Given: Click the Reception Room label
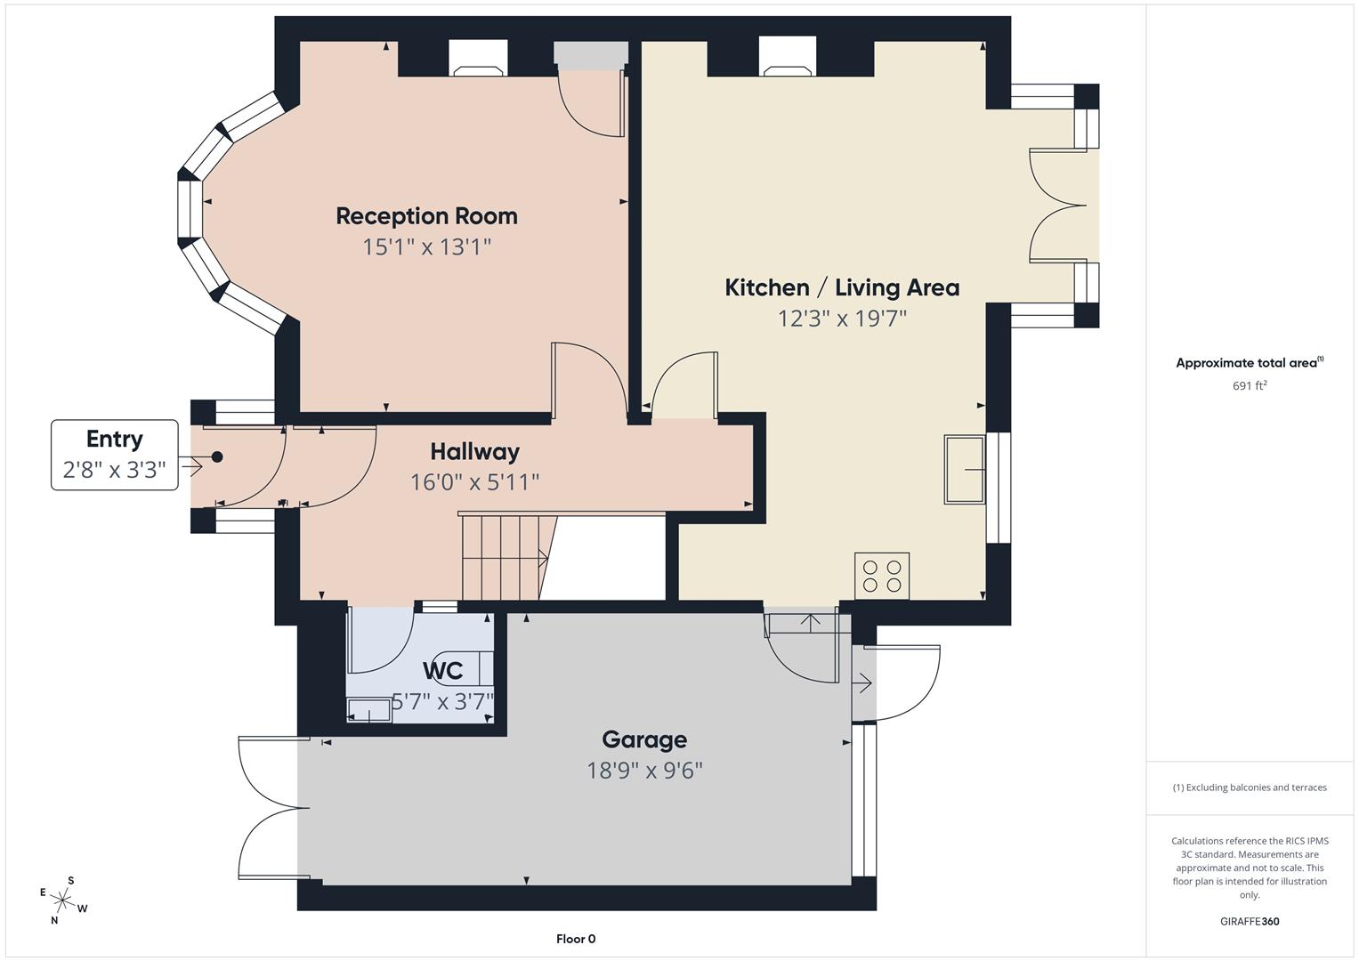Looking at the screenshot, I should (426, 216).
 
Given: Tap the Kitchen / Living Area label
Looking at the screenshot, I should (842, 287).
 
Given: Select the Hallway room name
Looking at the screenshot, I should (474, 452).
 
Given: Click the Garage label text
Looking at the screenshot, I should (644, 739).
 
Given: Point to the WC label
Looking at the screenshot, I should (442, 671).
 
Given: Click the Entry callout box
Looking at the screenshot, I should (115, 455).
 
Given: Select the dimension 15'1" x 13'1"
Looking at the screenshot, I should (426, 246).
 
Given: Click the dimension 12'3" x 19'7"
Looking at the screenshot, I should (842, 319).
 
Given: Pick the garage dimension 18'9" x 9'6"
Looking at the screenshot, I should (644, 771).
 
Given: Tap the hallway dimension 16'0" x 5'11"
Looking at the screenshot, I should (474, 482).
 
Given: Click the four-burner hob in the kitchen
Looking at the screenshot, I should (882, 576).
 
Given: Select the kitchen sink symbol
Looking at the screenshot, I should (965, 469).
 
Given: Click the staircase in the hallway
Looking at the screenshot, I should (503, 558).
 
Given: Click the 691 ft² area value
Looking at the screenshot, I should (1250, 386).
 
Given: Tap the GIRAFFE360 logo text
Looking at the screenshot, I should (1250, 922).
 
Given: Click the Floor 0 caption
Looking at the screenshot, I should (576, 939).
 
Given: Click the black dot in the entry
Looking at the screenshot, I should (216, 457).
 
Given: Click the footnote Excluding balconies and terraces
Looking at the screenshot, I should (1250, 787).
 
